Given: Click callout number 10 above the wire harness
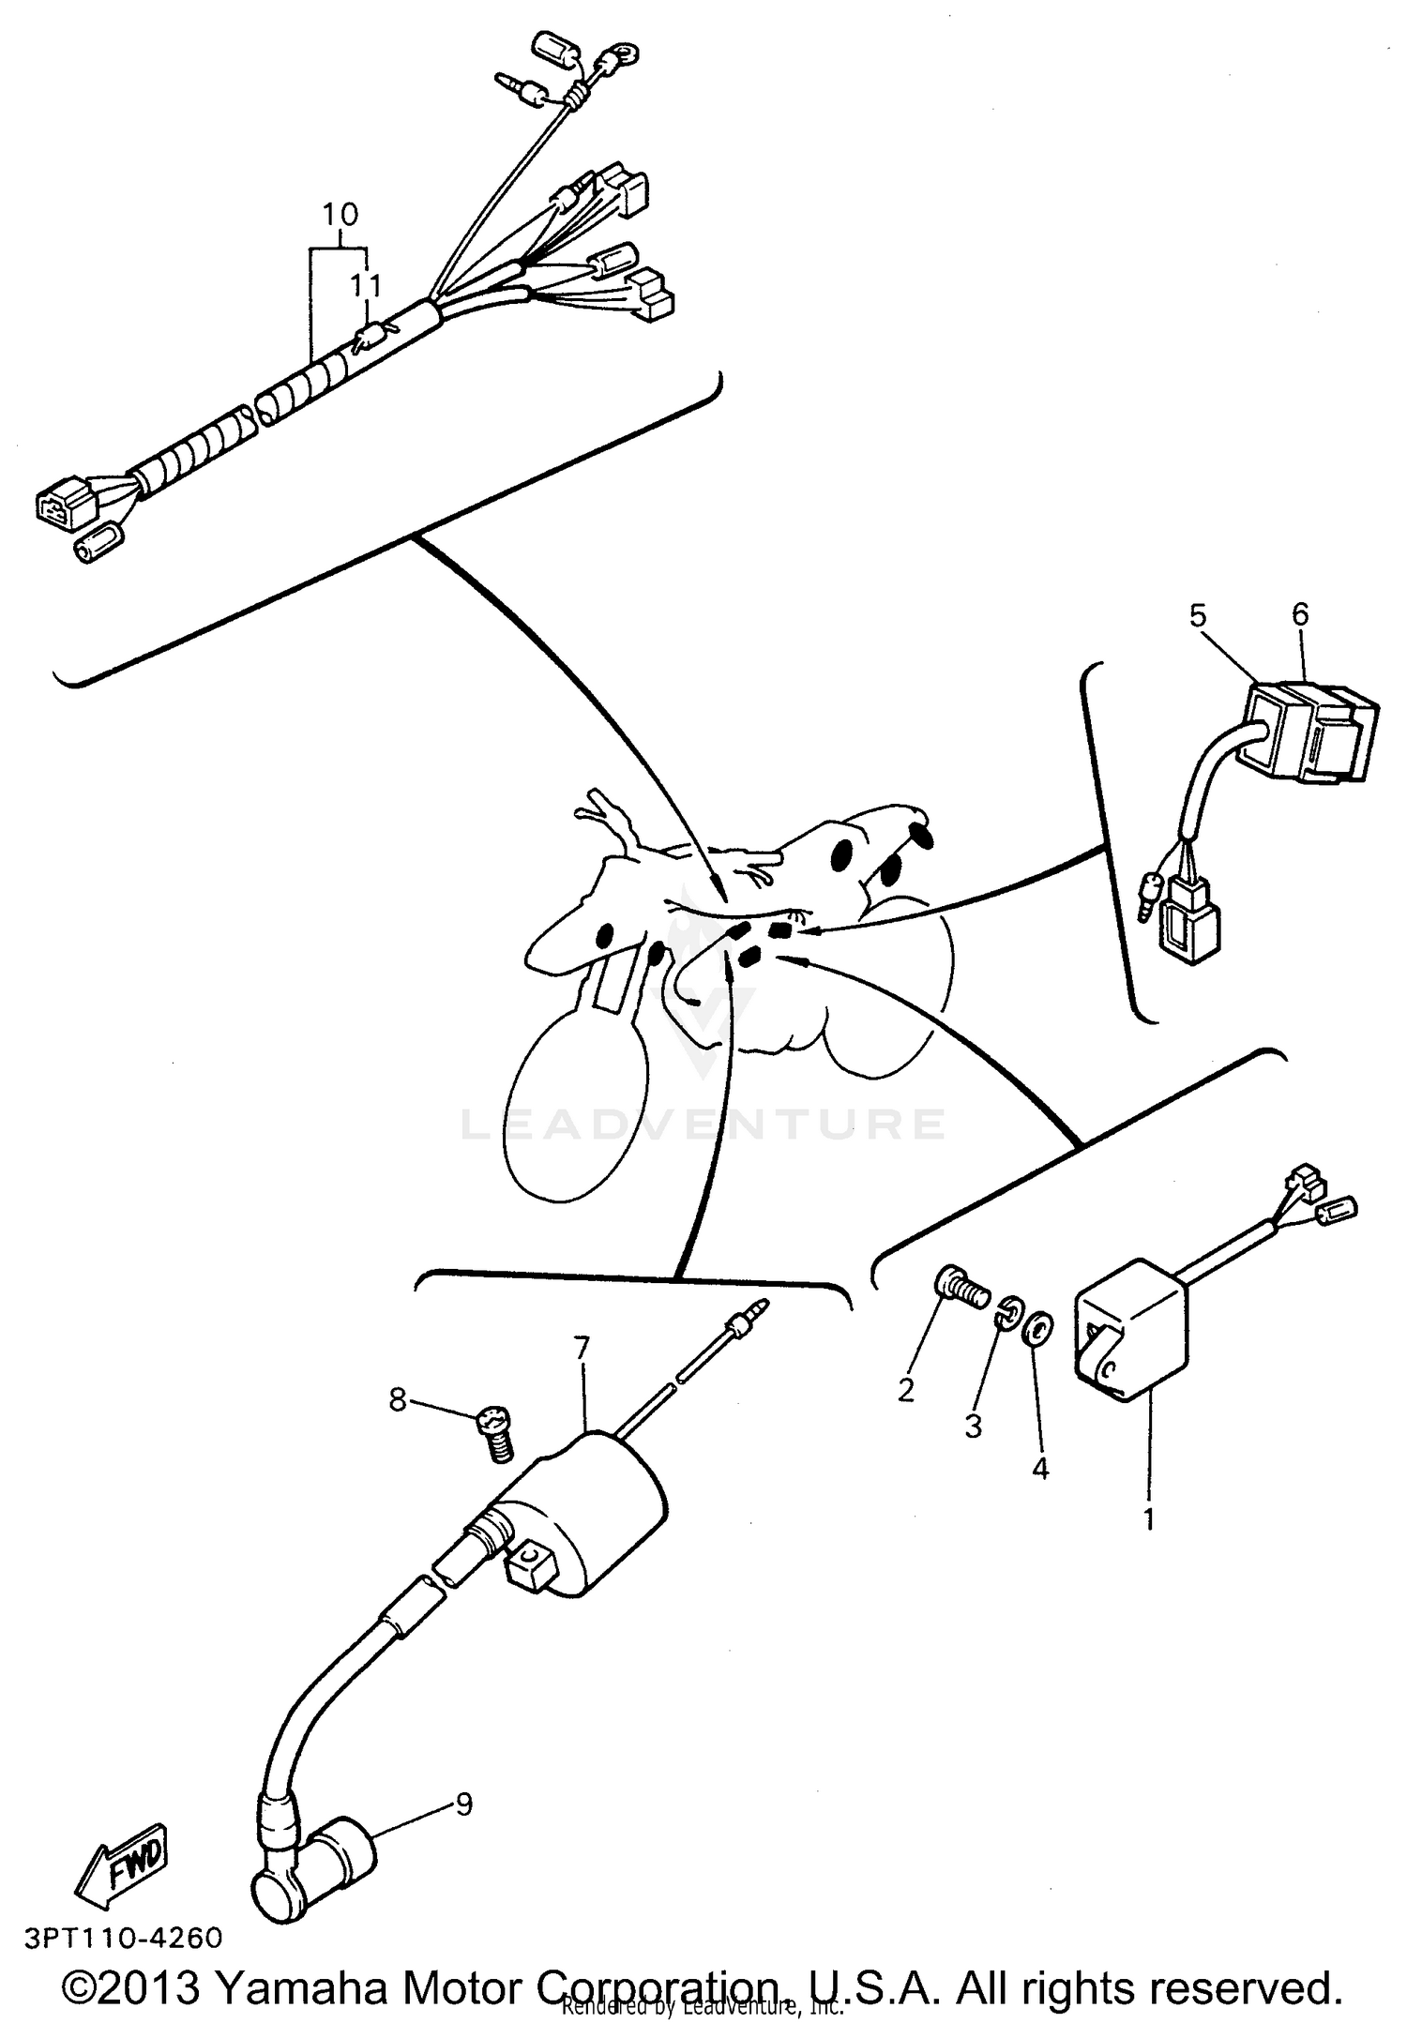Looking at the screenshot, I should pos(340,215).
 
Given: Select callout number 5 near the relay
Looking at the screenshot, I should pos(1198,615).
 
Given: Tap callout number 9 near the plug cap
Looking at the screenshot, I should pos(464,1804).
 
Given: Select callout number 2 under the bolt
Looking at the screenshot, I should pos(905,1390).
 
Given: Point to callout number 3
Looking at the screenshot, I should pos(973,1427).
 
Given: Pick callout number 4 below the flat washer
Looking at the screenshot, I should pos(1039,1469).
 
